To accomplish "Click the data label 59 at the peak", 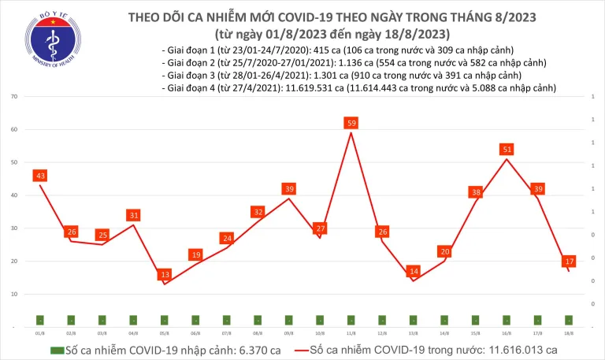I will (x=351, y=123).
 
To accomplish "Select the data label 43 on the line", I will (x=39, y=175).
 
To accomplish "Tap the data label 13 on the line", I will (x=164, y=274).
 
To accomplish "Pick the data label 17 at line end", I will (x=569, y=261).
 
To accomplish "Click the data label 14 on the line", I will (x=413, y=271).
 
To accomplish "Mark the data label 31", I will (x=133, y=215).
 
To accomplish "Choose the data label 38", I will (x=475, y=192).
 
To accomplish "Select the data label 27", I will (x=320, y=228).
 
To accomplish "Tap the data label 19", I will (x=195, y=254).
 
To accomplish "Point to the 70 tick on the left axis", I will (x=15, y=96).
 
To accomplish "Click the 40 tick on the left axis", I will (x=15, y=195).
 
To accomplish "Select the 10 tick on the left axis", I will (x=15, y=294).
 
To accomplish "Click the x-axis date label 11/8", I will (x=351, y=333).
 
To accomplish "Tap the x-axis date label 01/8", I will (x=39, y=333).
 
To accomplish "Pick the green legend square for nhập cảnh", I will (x=56, y=350).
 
